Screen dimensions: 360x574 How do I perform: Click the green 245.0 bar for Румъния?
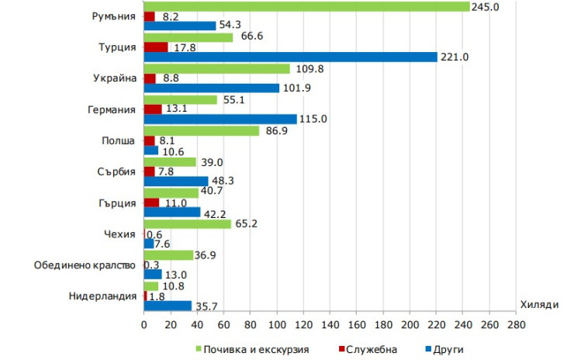(306, 6)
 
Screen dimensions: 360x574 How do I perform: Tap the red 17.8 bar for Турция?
(156, 47)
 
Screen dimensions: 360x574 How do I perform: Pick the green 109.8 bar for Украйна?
(217, 68)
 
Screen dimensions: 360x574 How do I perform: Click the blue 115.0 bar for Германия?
(220, 119)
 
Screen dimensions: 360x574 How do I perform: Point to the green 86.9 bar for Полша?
(202, 131)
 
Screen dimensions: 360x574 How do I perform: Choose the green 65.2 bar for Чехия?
(187, 224)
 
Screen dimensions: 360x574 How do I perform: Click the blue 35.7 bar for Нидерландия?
(168, 305)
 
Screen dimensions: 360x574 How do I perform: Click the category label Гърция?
(119, 202)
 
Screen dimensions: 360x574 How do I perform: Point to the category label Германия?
(113, 109)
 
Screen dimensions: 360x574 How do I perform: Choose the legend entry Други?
(445, 349)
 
